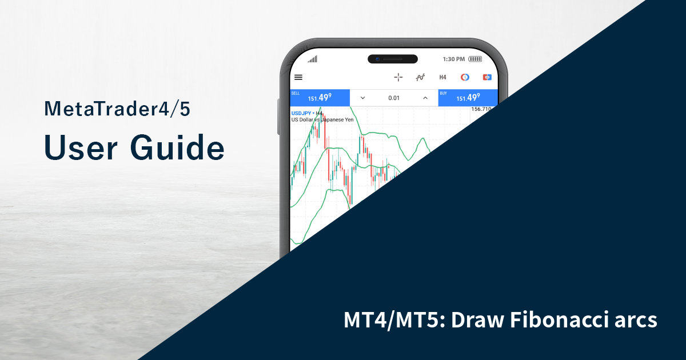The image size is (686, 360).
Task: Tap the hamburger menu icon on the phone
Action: click(298, 77)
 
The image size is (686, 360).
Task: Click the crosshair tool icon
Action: click(398, 77)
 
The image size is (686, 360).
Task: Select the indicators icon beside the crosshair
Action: click(421, 77)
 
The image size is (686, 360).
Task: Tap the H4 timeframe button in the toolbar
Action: click(442, 77)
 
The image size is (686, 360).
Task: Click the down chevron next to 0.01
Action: click(362, 98)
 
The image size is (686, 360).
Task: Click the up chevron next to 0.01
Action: click(425, 98)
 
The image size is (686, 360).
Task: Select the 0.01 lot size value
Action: click(394, 98)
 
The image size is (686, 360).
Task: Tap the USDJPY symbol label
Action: click(301, 113)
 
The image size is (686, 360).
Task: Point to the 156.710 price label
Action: click(482, 109)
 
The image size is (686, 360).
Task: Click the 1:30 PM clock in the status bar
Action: click(454, 59)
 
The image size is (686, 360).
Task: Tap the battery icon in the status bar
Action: click(475, 59)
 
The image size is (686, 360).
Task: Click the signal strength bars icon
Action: click(312, 59)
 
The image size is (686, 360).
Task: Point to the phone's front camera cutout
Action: click(393, 59)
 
